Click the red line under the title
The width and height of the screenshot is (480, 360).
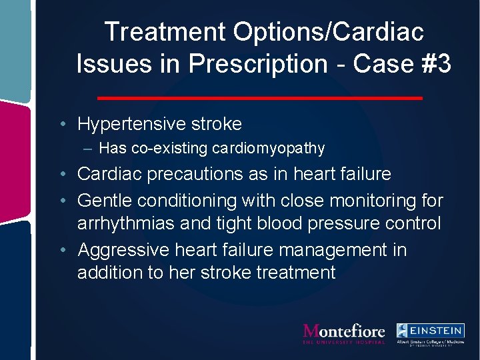pos(260,98)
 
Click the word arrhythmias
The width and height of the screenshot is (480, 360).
pos(127,223)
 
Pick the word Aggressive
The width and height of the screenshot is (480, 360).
pos(123,250)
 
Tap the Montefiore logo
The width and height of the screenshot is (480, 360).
pos(344,333)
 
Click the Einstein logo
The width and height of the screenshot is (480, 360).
pos(430,333)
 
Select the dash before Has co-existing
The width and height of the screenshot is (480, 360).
pos(89,148)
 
